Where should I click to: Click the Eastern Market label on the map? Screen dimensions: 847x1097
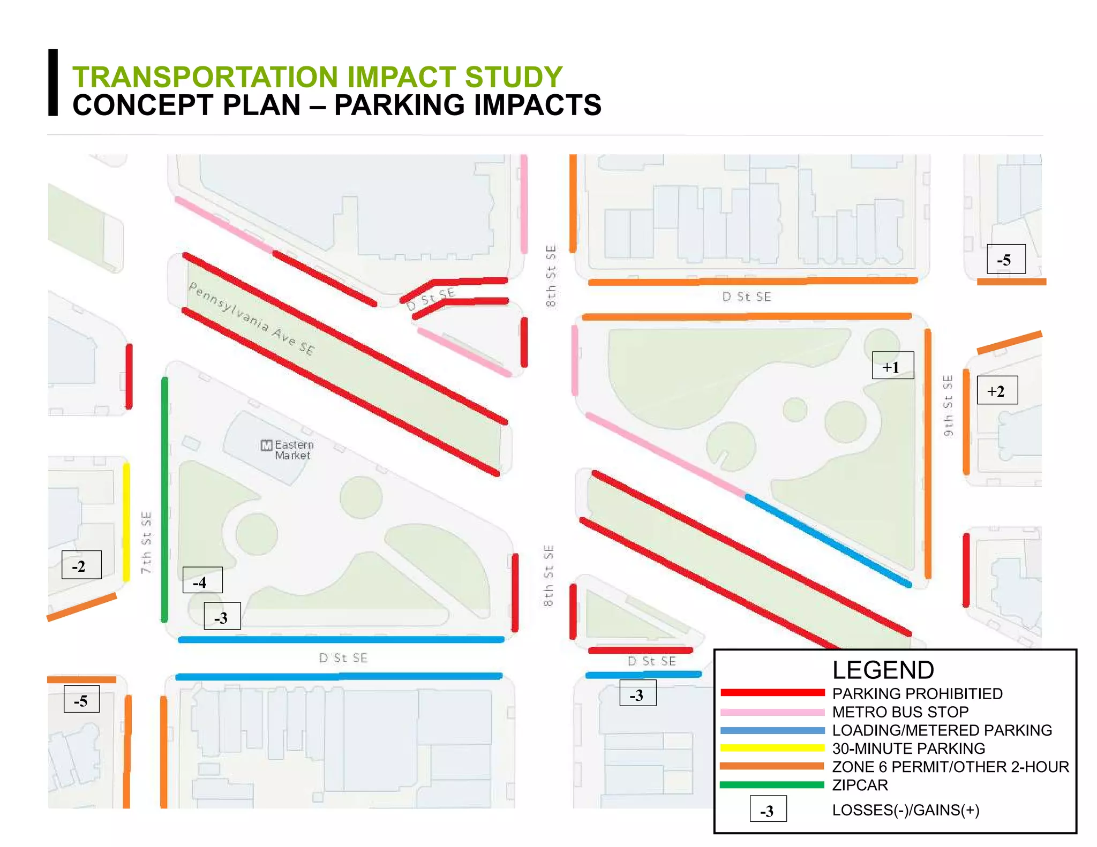[294, 450]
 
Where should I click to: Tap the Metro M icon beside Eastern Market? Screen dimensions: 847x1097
[266, 445]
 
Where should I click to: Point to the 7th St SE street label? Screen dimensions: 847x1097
[146, 542]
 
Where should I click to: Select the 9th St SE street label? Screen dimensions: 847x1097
[948, 405]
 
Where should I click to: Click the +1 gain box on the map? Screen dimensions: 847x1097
[892, 366]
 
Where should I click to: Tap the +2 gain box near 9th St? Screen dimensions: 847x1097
[997, 390]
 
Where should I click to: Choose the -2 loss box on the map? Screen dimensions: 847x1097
[81, 565]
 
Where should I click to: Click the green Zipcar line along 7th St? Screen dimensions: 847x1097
[164, 498]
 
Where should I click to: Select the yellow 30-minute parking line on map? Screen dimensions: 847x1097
[126, 522]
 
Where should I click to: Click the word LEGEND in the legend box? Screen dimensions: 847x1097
[883, 670]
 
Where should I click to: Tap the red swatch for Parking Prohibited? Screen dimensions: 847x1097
[772, 693]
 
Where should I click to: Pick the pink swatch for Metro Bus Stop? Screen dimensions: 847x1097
[772, 712]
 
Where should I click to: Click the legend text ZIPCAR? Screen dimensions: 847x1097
[860, 785]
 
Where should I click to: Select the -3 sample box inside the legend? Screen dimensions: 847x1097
[768, 810]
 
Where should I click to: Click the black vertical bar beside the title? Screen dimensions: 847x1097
[53, 82]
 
